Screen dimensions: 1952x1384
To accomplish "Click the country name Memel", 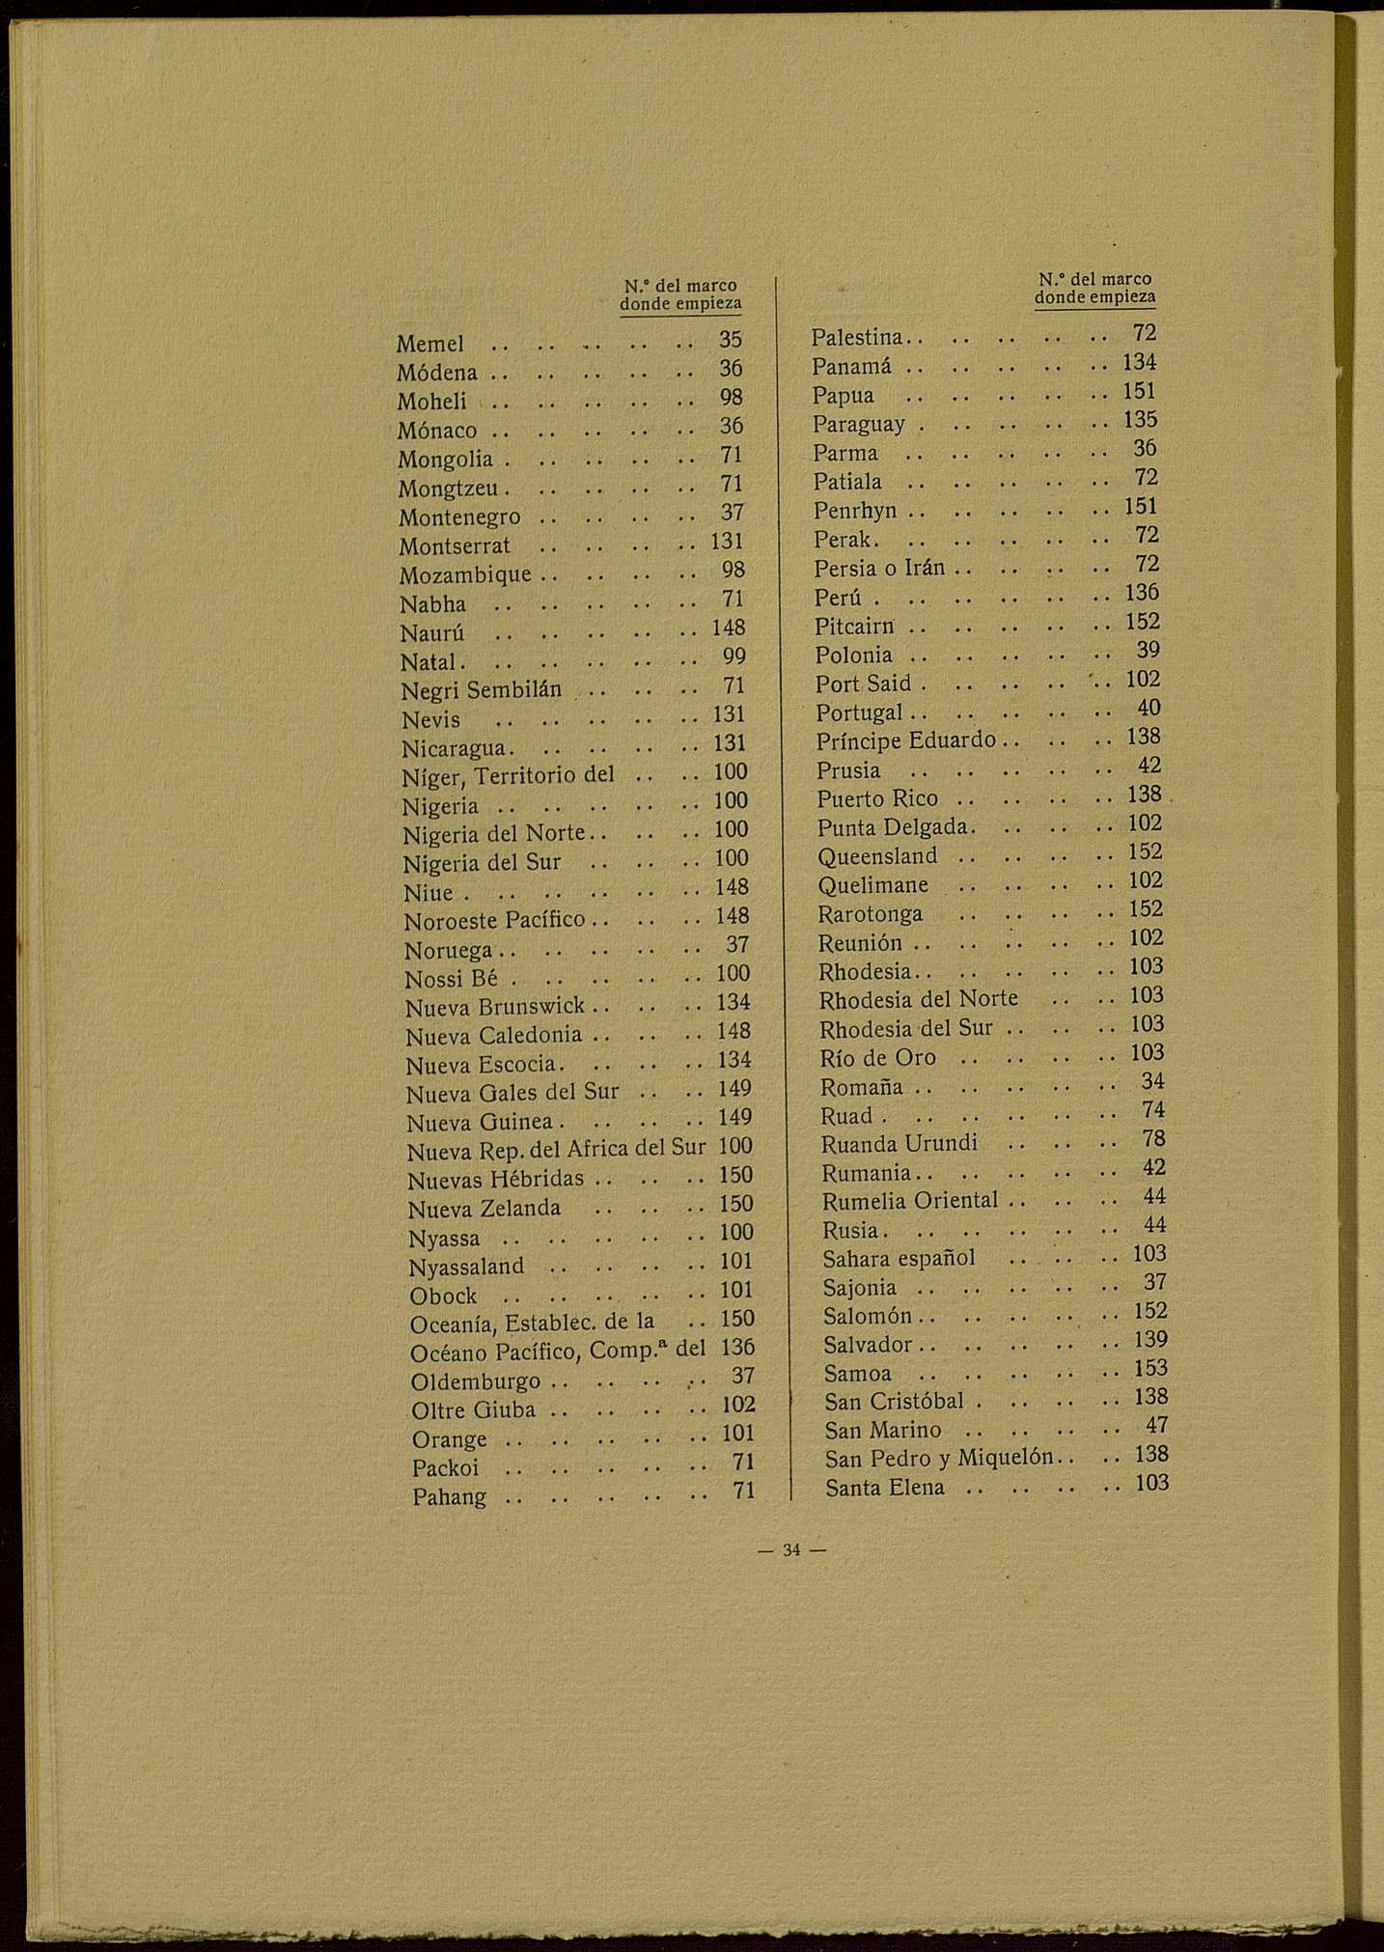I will click(430, 345).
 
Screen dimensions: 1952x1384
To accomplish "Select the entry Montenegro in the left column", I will click(460, 517).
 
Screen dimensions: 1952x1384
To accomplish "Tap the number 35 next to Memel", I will click(731, 340).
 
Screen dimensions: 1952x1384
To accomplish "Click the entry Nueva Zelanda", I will click(484, 1209).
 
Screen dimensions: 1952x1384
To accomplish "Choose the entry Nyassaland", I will click(467, 1266).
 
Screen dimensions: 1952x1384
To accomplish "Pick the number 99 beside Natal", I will click(734, 656).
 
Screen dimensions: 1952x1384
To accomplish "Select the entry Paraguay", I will click(859, 424).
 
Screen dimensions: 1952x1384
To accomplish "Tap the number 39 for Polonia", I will click(1148, 650).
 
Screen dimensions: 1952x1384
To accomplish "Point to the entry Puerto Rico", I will click(877, 798).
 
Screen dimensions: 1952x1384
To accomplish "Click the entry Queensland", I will click(877, 856).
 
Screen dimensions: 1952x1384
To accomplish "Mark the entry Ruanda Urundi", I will click(900, 1144).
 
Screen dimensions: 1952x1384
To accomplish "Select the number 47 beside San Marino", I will click(1155, 1424).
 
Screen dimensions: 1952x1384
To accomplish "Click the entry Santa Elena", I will click(885, 1488).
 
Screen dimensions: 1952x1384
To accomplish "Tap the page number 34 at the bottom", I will click(791, 1550).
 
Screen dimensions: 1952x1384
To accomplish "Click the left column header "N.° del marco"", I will click(680, 286).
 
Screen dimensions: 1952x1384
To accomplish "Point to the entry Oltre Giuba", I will click(473, 1410).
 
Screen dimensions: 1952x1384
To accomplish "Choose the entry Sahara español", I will click(900, 1258).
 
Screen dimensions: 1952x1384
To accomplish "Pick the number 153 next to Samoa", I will click(1150, 1368).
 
